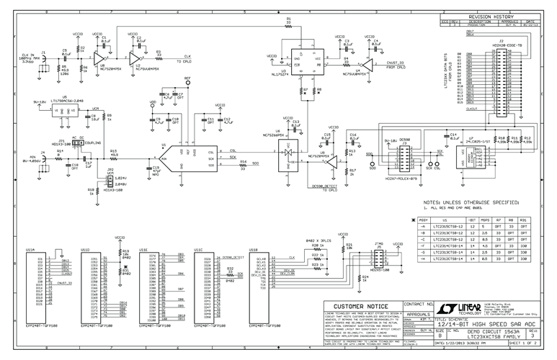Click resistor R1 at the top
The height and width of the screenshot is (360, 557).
(x=289, y=24)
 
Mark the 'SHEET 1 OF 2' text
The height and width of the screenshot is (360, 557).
(x=530, y=345)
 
